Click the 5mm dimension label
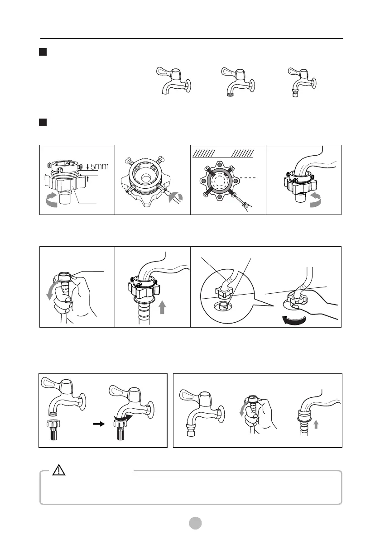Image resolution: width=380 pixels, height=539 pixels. point(99,167)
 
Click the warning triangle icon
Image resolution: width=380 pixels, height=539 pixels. point(59,470)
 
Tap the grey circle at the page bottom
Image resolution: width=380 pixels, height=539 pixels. point(195,523)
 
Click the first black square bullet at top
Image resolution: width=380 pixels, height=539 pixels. point(43,52)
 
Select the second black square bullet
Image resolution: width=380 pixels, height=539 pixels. point(43,122)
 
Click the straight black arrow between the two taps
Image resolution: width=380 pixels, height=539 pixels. point(99,424)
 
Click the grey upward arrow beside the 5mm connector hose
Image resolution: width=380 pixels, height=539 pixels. point(162,307)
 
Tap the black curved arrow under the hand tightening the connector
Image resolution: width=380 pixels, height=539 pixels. point(294,320)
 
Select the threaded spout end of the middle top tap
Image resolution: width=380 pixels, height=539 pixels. point(230,94)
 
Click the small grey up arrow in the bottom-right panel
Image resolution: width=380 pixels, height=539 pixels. point(316,425)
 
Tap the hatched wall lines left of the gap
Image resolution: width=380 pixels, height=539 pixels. point(203,153)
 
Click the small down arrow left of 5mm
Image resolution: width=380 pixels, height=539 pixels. point(88,167)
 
